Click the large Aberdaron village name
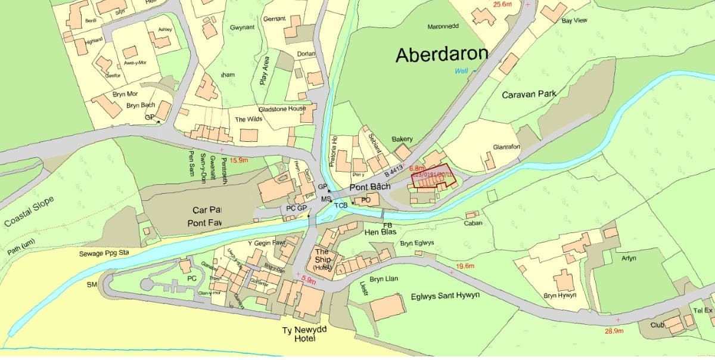coord(442,55)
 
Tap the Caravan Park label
coord(529,94)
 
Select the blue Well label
coord(461,70)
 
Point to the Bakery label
coord(402,139)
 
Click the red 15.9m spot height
coord(238,160)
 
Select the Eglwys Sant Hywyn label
coord(445,296)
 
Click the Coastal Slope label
coord(29,212)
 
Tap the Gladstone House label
coord(282,109)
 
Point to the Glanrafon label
coord(506,147)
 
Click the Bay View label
coord(574,20)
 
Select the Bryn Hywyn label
coord(559,295)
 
